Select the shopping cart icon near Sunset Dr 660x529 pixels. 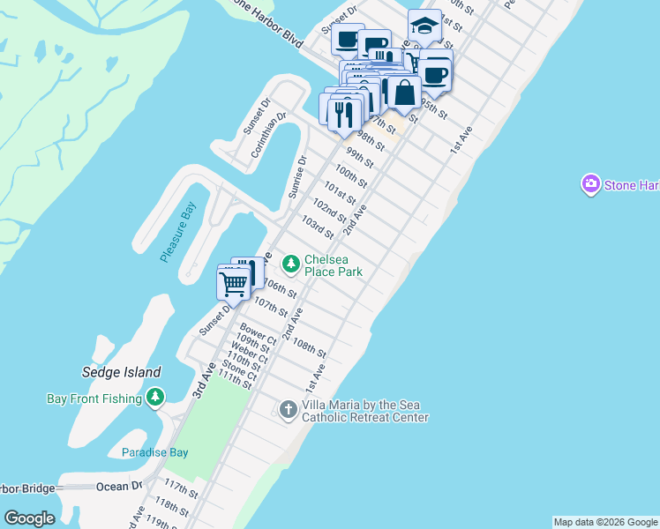[x=233, y=284]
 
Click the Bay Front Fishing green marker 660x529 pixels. [x=155, y=399]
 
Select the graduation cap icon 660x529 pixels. [x=424, y=26]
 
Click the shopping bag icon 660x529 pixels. [x=404, y=93]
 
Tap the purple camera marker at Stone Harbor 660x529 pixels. [x=590, y=184]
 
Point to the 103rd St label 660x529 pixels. [x=318, y=227]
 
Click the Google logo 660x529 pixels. [x=30, y=518]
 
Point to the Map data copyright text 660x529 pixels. [x=605, y=522]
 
